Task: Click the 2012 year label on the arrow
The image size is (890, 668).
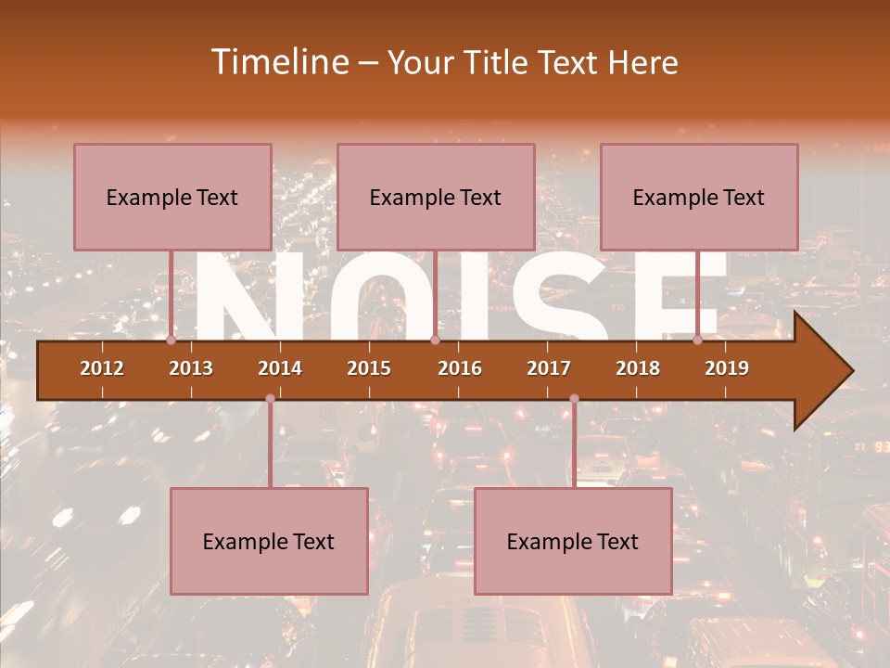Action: pyautogui.click(x=102, y=368)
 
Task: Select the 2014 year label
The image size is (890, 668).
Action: pyautogui.click(x=280, y=368)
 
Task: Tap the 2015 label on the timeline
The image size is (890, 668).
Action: pyautogui.click(x=369, y=368)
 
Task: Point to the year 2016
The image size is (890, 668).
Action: pyautogui.click(x=460, y=368)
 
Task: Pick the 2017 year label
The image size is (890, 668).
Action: pyautogui.click(x=549, y=368)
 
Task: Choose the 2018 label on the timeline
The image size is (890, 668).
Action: pyautogui.click(x=638, y=368)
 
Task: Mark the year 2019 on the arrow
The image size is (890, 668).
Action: pyautogui.click(x=727, y=368)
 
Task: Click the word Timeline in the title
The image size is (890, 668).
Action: pyautogui.click(x=277, y=62)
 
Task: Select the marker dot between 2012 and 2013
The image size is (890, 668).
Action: pyautogui.click(x=172, y=340)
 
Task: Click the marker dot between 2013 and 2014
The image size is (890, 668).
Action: pyautogui.click(x=270, y=399)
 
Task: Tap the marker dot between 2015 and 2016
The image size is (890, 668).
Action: pyautogui.click(x=435, y=340)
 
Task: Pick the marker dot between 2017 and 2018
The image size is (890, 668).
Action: pyautogui.click(x=574, y=399)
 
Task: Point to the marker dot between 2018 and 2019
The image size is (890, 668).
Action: pyautogui.click(x=698, y=340)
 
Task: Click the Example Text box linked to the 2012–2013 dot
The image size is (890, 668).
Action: pyautogui.click(x=172, y=197)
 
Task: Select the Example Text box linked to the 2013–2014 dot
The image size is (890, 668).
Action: pyautogui.click(x=269, y=541)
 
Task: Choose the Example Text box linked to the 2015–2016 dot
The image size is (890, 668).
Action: pyautogui.click(x=436, y=197)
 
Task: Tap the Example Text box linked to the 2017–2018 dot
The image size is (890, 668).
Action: pyautogui.click(x=573, y=541)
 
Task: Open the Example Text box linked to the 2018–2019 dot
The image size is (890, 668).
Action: pyautogui.click(x=699, y=197)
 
